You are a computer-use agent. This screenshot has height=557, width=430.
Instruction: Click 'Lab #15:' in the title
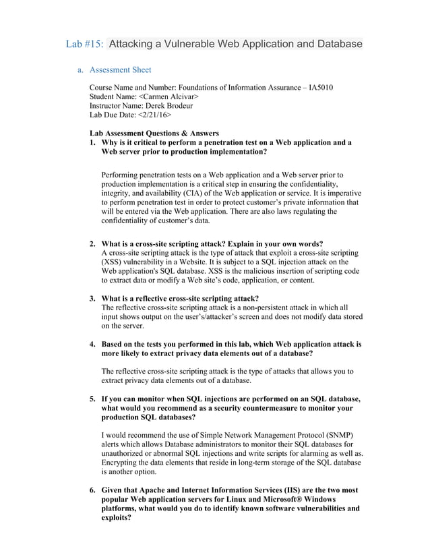click(84, 45)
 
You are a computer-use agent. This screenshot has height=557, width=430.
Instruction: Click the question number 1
click(92, 142)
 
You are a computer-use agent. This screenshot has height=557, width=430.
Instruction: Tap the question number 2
click(92, 243)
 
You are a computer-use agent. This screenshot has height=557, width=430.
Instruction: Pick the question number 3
click(92, 298)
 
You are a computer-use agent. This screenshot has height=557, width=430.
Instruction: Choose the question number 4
click(92, 343)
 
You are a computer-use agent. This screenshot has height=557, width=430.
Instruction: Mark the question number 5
click(92, 399)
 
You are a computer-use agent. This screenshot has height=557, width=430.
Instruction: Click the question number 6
click(92, 490)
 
